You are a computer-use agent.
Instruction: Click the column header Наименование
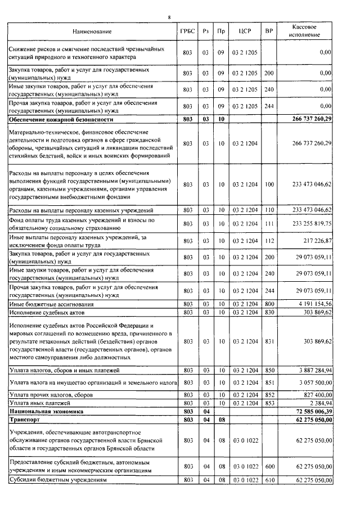pyautogui.click(x=92, y=31)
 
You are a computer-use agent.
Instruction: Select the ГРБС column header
pyautogui.click(x=188, y=31)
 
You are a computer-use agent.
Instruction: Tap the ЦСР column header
pyautogui.click(x=244, y=31)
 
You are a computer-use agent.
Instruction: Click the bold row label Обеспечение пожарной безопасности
pyautogui.click(x=61, y=120)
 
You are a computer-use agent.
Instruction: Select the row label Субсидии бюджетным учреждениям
pyautogui.click(x=55, y=480)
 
